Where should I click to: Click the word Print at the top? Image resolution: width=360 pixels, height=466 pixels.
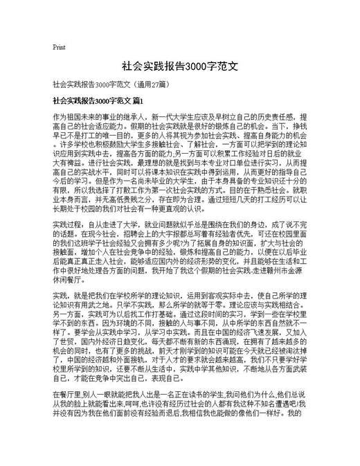pyautogui.click(x=59, y=47)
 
